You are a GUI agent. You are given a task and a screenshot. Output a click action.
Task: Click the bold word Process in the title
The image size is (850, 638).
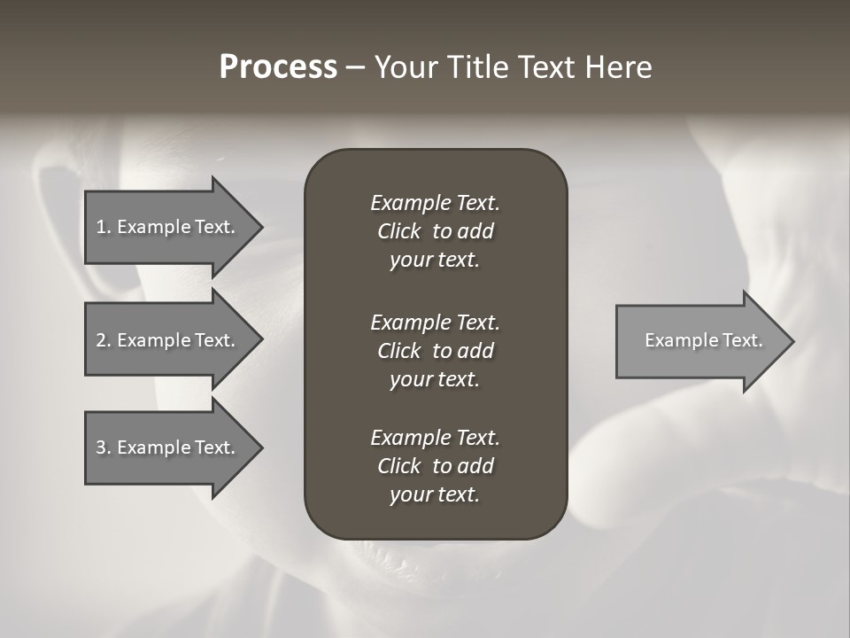[278, 67]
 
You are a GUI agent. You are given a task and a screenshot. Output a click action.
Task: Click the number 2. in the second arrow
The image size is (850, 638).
[104, 340]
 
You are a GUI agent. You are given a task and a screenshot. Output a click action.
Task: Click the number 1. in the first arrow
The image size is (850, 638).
[104, 227]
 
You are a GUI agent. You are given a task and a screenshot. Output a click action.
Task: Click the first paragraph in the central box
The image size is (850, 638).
[435, 231]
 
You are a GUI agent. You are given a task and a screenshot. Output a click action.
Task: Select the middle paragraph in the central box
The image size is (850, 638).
[435, 350]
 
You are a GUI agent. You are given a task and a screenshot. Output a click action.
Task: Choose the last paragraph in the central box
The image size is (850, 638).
[435, 466]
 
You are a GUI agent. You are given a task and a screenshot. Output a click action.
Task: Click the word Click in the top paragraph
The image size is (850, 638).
[399, 231]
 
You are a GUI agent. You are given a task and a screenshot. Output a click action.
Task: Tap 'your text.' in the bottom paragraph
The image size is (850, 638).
[435, 495]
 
